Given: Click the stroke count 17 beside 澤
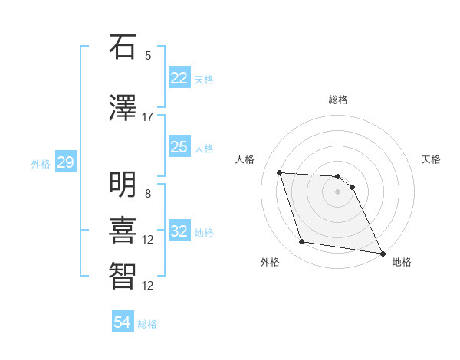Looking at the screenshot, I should (148, 117).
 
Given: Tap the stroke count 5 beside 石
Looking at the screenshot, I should (148, 56).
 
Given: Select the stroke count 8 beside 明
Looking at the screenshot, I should (148, 194).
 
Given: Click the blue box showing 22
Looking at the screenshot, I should (179, 77).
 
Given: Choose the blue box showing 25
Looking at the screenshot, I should (179, 147).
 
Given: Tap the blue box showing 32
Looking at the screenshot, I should (179, 231).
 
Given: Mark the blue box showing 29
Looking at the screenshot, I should (65, 162).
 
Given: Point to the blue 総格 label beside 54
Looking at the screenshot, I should (147, 324).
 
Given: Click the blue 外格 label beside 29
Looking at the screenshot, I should (41, 164).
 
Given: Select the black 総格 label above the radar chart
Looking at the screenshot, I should (338, 100).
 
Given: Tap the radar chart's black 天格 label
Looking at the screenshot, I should (431, 159).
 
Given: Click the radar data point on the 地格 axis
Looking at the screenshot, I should (383, 253).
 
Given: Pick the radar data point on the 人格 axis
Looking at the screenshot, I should (280, 172).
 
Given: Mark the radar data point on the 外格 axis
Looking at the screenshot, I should (302, 242).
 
